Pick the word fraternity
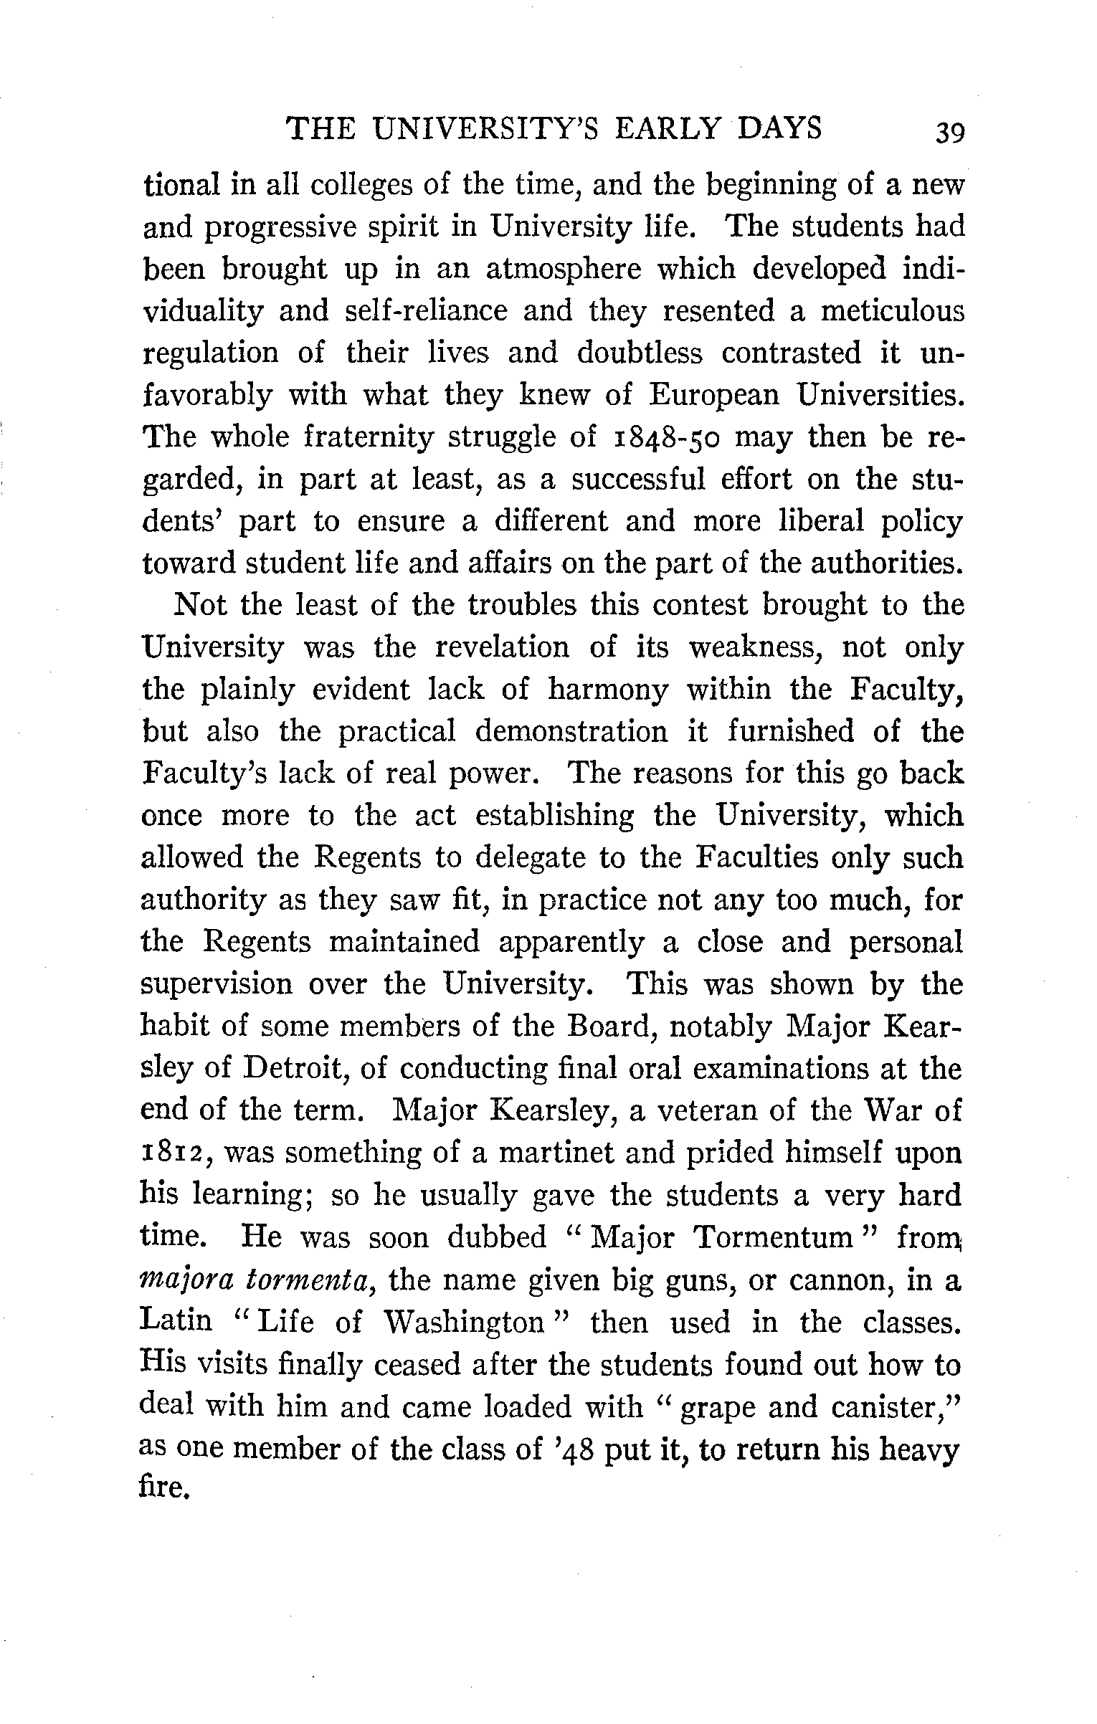pyautogui.click(x=369, y=437)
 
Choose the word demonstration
pyautogui.click(x=571, y=731)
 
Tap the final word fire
pyautogui.click(x=164, y=1491)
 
